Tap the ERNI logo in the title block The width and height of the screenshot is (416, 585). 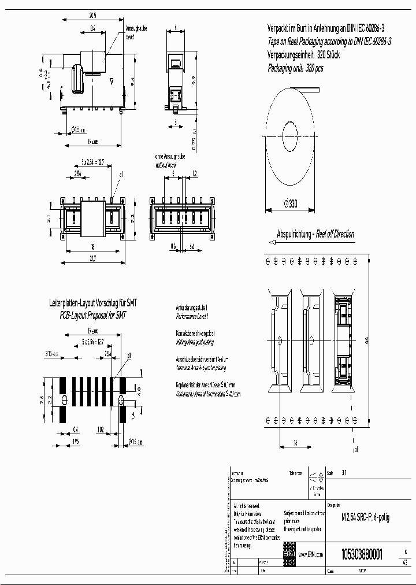288,554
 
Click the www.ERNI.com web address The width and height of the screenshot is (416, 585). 310,554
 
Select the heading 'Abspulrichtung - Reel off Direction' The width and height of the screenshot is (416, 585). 315,234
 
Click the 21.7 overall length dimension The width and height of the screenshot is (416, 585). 92,258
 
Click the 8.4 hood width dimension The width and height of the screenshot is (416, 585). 93,28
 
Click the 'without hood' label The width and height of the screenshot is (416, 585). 166,165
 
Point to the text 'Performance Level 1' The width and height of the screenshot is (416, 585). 192,317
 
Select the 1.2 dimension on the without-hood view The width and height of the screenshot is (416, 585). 194,173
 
